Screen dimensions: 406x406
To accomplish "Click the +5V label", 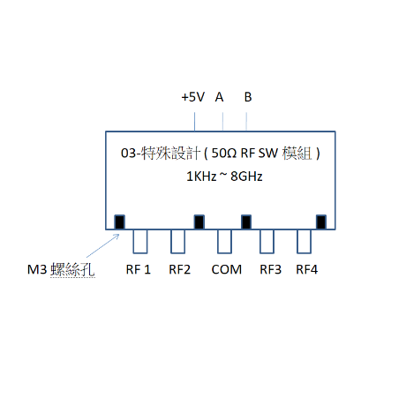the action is tap(192, 97).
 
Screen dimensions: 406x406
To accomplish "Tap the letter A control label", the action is tap(219, 97).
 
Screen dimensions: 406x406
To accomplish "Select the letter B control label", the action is tap(248, 97).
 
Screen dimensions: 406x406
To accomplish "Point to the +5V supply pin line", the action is tap(194, 122).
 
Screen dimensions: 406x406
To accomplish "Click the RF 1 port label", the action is tap(138, 269).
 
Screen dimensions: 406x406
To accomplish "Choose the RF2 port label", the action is tap(179, 269).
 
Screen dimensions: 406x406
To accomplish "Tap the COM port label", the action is tap(226, 269).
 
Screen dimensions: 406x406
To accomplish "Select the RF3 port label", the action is tap(270, 269).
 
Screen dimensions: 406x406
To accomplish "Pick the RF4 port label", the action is tap(306, 269).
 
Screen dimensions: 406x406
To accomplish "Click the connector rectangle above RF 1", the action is tap(140, 241).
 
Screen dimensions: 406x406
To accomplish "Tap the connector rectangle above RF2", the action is tap(177, 241).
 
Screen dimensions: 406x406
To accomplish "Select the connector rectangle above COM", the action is tap(224, 241).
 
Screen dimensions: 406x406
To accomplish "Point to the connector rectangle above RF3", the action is tap(267, 241).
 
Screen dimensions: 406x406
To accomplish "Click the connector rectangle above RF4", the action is tap(304, 241).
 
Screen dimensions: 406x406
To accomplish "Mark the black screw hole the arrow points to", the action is tap(119, 222).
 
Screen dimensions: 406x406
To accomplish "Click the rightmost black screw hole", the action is tap(321, 222).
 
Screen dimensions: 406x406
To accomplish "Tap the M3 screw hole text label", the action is tap(61, 269).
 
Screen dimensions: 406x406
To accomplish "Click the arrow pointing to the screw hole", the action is tap(103, 245).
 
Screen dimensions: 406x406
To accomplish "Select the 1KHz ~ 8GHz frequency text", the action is tap(224, 177).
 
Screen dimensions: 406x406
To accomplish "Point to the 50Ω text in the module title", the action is tap(224, 153).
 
